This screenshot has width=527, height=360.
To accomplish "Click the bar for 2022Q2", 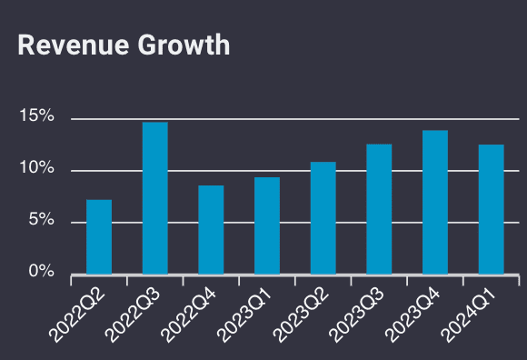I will point(99,236).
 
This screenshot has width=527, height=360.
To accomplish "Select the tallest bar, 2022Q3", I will point(154,197).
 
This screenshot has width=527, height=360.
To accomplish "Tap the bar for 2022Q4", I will point(211,229).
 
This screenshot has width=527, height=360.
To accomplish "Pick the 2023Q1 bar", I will point(267,225).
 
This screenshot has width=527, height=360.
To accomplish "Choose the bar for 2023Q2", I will point(323,217).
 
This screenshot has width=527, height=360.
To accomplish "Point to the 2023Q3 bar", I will point(379,208).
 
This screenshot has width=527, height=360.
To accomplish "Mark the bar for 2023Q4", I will point(435,202).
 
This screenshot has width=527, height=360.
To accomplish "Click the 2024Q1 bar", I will point(491,208).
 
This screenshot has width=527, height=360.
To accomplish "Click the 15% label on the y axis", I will point(37,118).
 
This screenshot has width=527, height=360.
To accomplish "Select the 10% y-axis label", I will point(37,170).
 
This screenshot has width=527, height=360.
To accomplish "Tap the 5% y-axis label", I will point(41,221).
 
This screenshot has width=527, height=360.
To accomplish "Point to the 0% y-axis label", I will point(41,272).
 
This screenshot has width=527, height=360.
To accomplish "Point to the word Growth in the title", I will point(183,45).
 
